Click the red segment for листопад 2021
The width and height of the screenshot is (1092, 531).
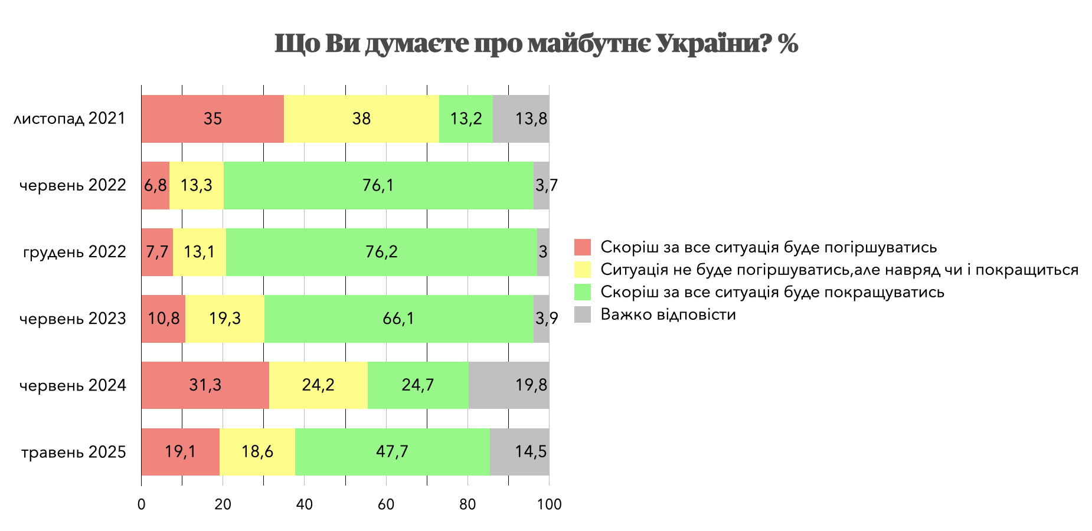pyautogui.click(x=212, y=119)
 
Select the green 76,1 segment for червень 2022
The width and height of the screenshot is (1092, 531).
pyautogui.click(x=378, y=185)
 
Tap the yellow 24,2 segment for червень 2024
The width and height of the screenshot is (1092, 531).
pyautogui.click(x=318, y=385)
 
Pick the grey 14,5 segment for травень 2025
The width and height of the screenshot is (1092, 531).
pyautogui.click(x=519, y=452)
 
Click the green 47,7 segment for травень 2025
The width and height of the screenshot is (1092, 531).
pyautogui.click(x=392, y=452)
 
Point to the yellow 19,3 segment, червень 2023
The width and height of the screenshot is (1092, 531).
pyautogui.click(x=225, y=319)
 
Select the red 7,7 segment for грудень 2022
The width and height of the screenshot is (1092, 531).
pyautogui.click(x=157, y=252)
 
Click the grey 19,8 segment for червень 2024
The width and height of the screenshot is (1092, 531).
pyautogui.click(x=509, y=385)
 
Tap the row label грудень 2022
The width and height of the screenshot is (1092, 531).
pyautogui.click(x=74, y=253)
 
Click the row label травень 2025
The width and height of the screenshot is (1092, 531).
pyautogui.click(x=74, y=453)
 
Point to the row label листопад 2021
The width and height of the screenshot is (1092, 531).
pyautogui.click(x=70, y=119)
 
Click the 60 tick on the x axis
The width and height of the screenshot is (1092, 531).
pyautogui.click(x=386, y=505)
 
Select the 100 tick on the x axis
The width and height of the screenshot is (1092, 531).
pyautogui.click(x=550, y=505)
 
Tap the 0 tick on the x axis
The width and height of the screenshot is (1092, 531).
pyautogui.click(x=141, y=505)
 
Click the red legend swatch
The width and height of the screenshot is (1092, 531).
pyautogui.click(x=583, y=247)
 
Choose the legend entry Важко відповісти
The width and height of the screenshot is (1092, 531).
pyautogui.click(x=668, y=314)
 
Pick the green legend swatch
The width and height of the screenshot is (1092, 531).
pyautogui.click(x=583, y=292)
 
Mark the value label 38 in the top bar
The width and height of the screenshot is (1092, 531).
pyautogui.click(x=361, y=119)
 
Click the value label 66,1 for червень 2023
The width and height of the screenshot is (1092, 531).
pyautogui.click(x=398, y=319)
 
